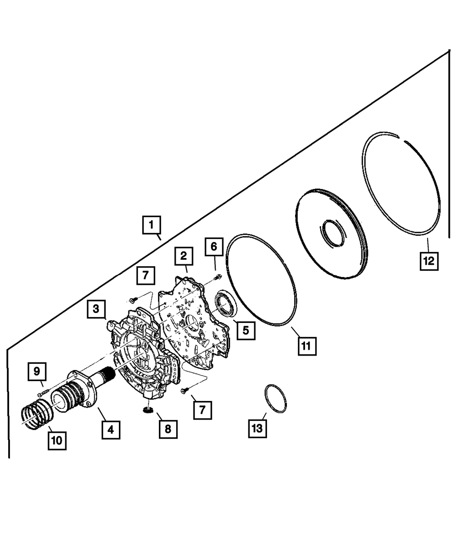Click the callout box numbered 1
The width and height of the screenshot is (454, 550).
click(152, 225)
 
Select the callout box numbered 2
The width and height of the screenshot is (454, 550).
click(184, 257)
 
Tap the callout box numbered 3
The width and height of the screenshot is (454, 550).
click(96, 309)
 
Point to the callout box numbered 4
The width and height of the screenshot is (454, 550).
click(111, 429)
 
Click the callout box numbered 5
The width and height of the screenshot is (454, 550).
click(245, 330)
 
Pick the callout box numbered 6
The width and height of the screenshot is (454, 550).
click(214, 247)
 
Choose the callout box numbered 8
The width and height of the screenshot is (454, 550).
click(168, 429)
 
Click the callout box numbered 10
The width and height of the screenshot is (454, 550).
click(58, 440)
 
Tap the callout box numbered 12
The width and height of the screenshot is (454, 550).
click(429, 261)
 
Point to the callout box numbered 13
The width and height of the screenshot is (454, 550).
click(257, 429)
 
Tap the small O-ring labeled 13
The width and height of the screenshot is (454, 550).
click(275, 399)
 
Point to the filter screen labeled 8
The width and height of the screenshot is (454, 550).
click(147, 410)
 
